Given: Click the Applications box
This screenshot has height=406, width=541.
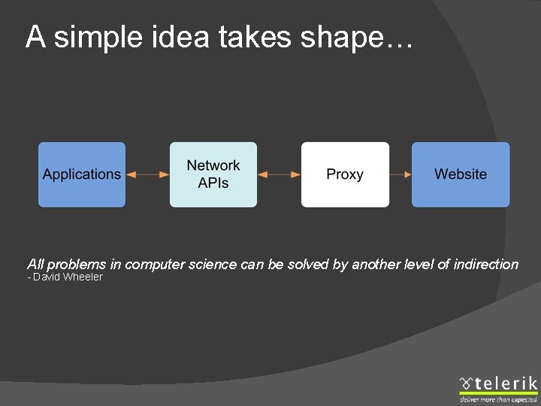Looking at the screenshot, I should (x=82, y=174).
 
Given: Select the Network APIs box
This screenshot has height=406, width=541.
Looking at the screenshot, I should (x=213, y=174).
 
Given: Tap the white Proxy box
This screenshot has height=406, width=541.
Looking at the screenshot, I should (x=345, y=174).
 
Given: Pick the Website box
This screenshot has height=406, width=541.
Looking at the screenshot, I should (x=461, y=174).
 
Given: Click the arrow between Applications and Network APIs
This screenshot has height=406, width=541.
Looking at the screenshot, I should (x=148, y=174).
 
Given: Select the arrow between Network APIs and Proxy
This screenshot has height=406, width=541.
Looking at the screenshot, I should (x=279, y=174).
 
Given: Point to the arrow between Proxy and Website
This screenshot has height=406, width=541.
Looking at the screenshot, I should (x=400, y=174).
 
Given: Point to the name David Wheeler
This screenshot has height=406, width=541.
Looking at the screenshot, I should (x=68, y=277).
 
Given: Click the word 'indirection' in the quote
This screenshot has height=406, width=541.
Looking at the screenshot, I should (x=485, y=265).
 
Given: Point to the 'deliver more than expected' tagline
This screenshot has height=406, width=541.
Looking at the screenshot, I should (x=499, y=399).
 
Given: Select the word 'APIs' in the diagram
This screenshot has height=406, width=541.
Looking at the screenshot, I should (x=213, y=183).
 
